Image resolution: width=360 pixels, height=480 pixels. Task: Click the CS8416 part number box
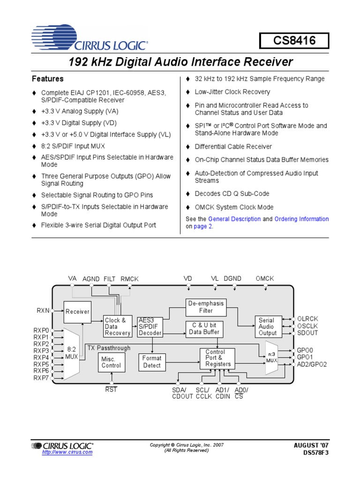pyautogui.click(x=294, y=41)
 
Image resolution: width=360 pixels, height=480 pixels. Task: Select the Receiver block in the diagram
pyautogui.click(x=77, y=311)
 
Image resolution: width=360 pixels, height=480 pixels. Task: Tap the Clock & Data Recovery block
pyautogui.click(x=117, y=327)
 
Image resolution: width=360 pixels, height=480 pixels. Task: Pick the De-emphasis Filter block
pyautogui.click(x=206, y=307)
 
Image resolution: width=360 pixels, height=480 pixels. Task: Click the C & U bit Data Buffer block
pyautogui.click(x=204, y=328)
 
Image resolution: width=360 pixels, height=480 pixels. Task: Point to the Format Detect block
pyautogui.click(x=151, y=361)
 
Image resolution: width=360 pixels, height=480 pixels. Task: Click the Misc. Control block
pyautogui.click(x=111, y=362)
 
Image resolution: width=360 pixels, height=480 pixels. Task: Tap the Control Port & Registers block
pyautogui.click(x=218, y=358)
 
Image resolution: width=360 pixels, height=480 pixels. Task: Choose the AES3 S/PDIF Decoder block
pyautogui.click(x=150, y=327)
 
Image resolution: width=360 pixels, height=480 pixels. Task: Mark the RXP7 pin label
pyautogui.click(x=41, y=377)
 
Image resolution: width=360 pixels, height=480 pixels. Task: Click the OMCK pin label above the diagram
pyautogui.click(x=265, y=278)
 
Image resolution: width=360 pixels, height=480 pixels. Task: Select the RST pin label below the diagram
pyautogui.click(x=111, y=389)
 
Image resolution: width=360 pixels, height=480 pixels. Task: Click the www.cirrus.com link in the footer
pyautogui.click(x=67, y=452)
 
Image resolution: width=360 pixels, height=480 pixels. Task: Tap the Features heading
pyautogui.click(x=47, y=79)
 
